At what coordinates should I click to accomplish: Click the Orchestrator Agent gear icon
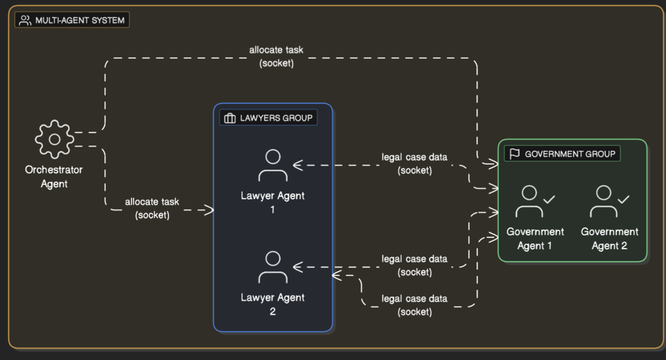[54, 139]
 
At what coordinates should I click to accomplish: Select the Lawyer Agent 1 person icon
[273, 165]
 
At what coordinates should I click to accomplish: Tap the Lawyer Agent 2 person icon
[273, 267]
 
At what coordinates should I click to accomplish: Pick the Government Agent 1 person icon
[529, 201]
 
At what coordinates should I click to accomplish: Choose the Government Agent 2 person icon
[603, 201]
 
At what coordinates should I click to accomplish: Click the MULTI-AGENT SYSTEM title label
[80, 20]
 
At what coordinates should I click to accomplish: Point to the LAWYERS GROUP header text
[276, 118]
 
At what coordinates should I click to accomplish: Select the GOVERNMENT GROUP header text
[570, 154]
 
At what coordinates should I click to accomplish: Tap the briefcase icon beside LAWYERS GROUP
[230, 118]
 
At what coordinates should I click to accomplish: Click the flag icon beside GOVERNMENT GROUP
[515, 154]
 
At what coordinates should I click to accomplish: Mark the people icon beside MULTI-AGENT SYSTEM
[25, 20]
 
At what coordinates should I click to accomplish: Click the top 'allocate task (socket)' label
[276, 56]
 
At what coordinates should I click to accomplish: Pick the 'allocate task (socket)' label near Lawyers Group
[152, 208]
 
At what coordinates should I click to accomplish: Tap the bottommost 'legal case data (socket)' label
[414, 305]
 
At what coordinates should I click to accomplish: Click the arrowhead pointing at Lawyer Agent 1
[297, 165]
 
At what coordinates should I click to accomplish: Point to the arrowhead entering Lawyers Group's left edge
[210, 210]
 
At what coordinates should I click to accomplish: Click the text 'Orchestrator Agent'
[54, 176]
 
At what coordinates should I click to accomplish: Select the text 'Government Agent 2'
[610, 239]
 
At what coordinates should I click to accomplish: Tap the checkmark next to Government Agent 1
[549, 199]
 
